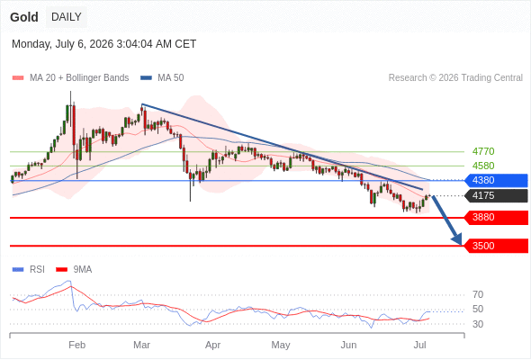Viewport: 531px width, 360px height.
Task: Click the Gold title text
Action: tap(24, 17)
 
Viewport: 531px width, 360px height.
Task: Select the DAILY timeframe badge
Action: tap(67, 17)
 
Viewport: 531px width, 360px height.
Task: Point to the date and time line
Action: tap(104, 44)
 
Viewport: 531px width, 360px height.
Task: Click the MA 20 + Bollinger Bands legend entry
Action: tap(70, 78)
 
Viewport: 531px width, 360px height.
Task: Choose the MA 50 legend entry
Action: tap(162, 78)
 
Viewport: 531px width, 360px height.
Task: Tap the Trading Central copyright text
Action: tap(455, 78)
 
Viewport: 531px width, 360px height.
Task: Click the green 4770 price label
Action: tap(483, 151)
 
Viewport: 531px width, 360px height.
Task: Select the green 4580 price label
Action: tap(483, 166)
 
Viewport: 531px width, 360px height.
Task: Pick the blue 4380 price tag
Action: tap(496, 180)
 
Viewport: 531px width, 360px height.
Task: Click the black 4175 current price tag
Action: tap(496, 195)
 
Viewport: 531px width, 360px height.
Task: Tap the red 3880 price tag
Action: tap(496, 218)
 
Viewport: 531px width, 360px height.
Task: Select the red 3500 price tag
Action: tap(496, 246)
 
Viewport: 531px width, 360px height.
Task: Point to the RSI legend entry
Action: tap(29, 270)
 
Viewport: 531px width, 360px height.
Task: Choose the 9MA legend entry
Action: tap(74, 270)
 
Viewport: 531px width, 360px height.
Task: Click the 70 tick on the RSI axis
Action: tap(478, 294)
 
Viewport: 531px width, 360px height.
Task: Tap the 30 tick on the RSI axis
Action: tap(478, 324)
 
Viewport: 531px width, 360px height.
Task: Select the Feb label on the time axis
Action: tap(76, 345)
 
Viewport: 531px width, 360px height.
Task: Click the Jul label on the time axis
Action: tap(420, 345)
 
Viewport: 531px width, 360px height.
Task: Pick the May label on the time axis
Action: tap(281, 345)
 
